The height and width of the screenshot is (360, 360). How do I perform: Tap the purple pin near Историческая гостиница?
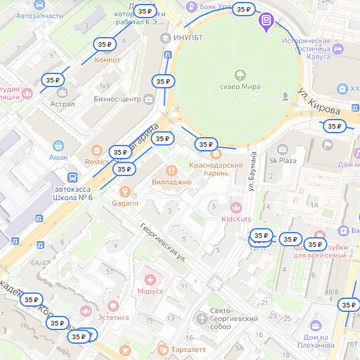(x=266, y=22)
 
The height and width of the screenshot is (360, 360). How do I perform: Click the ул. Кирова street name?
(x=319, y=97)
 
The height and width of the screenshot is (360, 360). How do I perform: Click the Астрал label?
(x=62, y=103)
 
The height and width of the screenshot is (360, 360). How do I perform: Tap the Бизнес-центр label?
(x=117, y=99)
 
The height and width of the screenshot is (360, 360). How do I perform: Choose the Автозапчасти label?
(x=39, y=16)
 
